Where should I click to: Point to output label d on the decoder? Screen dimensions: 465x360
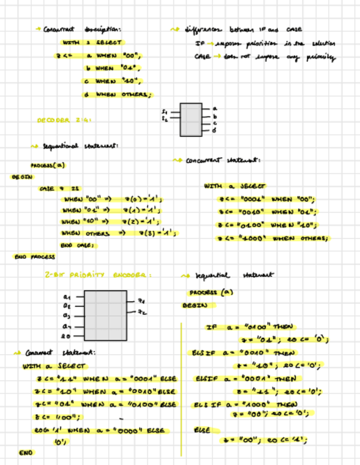[215, 131]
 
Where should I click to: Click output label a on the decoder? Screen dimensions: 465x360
[215, 109]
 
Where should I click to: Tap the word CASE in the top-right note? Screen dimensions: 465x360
[201, 56]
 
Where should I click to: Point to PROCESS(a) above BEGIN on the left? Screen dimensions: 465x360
[47, 165]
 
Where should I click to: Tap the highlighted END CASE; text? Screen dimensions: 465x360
[78, 245]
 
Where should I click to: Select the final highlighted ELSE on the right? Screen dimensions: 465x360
[202, 430]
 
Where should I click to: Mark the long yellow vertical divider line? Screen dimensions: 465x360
[181, 389]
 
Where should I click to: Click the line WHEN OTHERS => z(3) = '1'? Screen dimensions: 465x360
[120, 233]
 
